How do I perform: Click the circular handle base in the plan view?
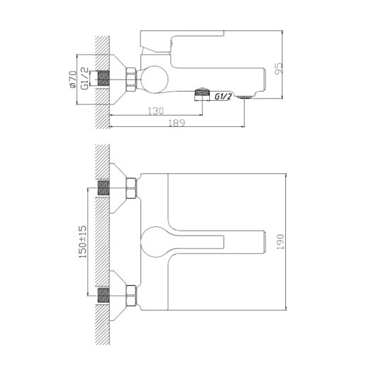click(x=157, y=242)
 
